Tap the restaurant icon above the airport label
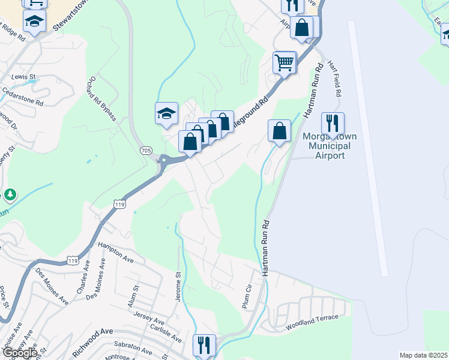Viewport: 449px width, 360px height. (x=332, y=123)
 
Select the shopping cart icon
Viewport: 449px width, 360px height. (x=284, y=62)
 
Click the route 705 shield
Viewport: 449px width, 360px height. (x=145, y=149)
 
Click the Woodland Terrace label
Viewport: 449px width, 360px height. (x=312, y=322)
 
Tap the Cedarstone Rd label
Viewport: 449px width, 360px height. (x=23, y=97)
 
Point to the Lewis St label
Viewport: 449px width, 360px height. (x=24, y=77)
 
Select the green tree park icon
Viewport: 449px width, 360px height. (x=10, y=195)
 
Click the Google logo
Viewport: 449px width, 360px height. (x=19, y=352)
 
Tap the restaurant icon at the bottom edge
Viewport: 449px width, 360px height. (x=204, y=345)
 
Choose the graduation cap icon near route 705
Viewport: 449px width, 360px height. (x=167, y=113)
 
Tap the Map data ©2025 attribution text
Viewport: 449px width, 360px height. (x=423, y=355)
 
